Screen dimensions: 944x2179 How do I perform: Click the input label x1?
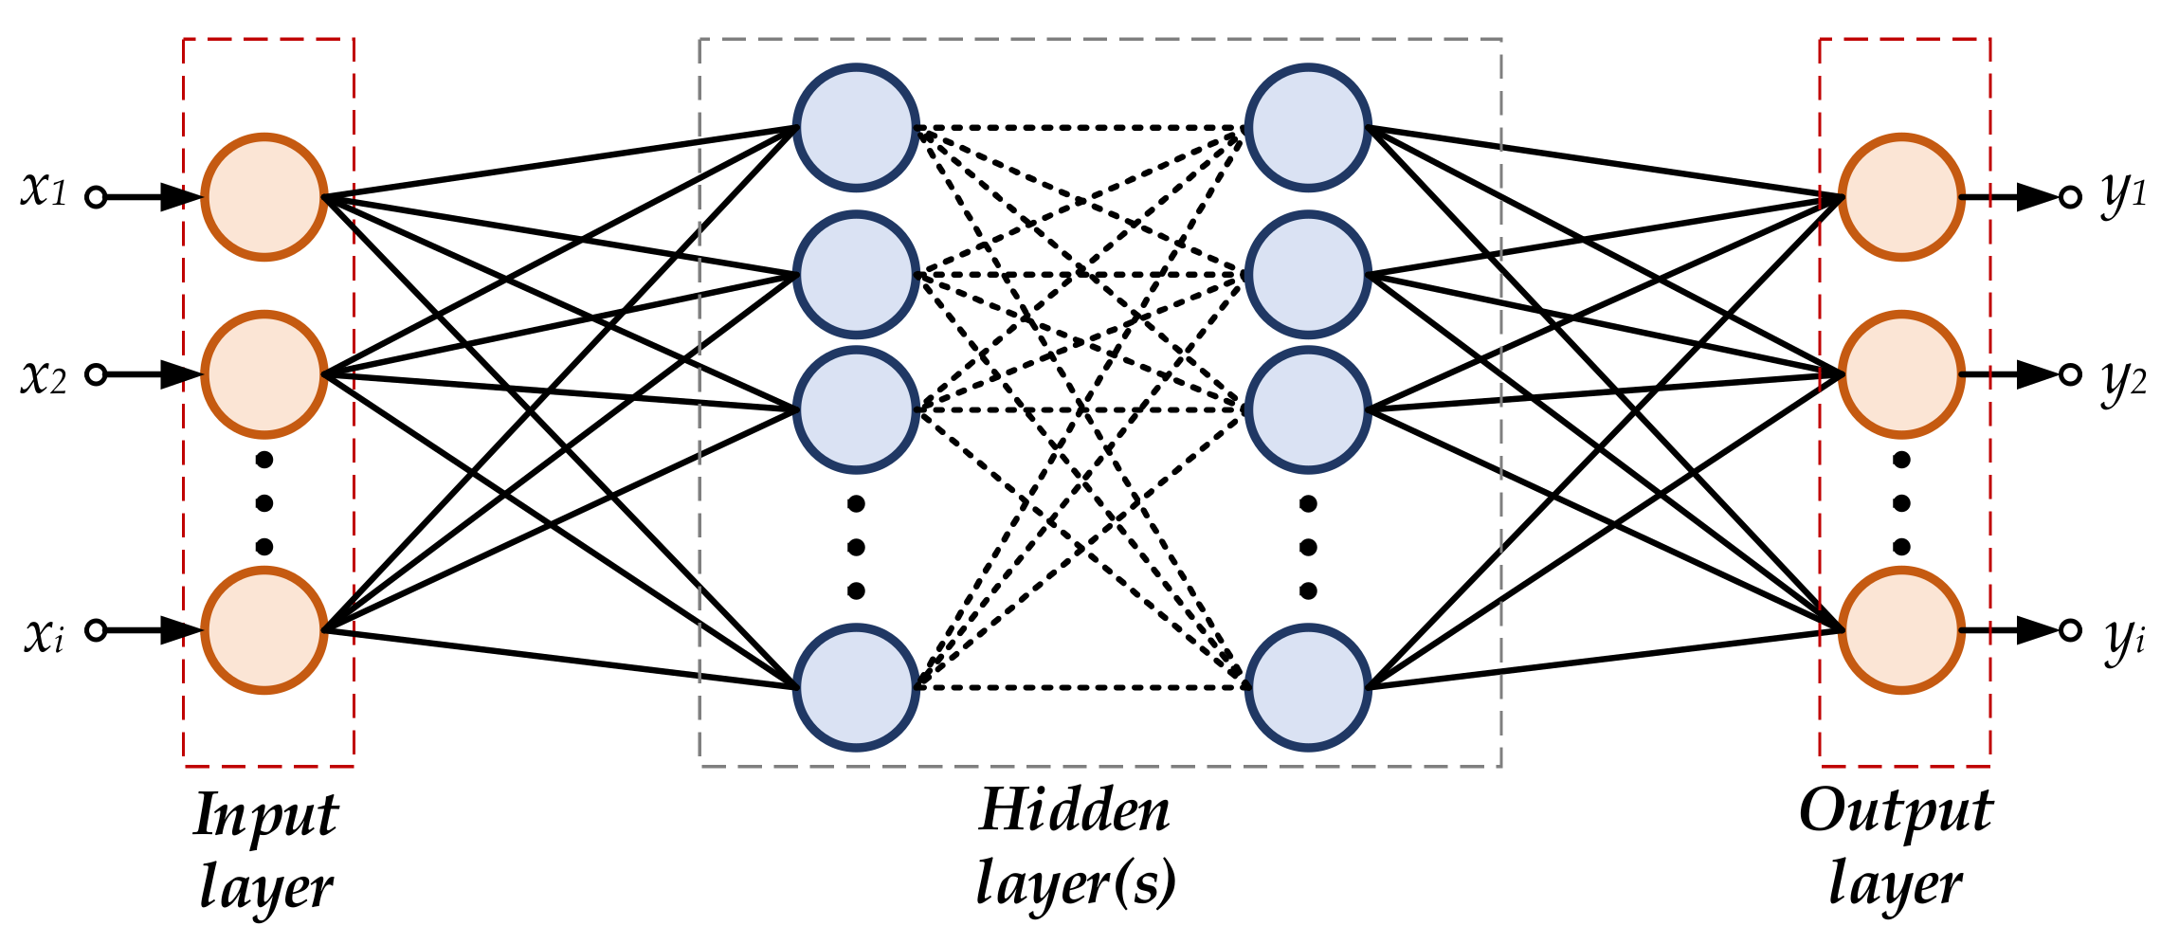(44, 191)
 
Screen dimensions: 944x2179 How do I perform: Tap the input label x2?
(44, 378)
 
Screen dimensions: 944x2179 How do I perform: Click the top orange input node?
(264, 197)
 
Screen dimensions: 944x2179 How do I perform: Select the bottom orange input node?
(264, 630)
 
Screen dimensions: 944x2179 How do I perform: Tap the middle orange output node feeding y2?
(1901, 374)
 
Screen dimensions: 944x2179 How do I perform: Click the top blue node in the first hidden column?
(856, 127)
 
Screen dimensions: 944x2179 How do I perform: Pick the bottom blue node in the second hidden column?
(1308, 687)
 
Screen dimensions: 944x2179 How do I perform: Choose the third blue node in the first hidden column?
(856, 409)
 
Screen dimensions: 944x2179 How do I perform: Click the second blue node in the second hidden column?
(1308, 275)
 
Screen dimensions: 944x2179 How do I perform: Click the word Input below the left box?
(265, 815)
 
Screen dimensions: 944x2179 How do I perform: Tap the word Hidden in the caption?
(1075, 811)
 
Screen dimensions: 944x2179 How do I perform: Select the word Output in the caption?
(1896, 813)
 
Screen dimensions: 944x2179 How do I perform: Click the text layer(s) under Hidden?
(1075, 883)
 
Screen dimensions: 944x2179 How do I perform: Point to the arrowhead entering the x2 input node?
(180, 374)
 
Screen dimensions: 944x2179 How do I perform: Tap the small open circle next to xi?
(96, 630)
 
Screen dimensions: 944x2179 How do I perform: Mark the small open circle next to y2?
(2071, 374)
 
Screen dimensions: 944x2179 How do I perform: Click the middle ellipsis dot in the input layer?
(264, 503)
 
